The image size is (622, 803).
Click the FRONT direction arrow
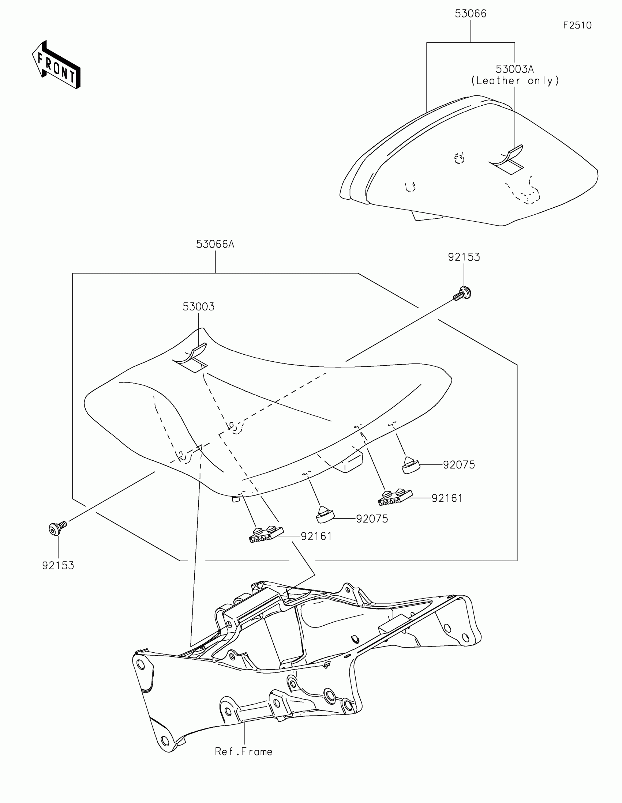pos(56,65)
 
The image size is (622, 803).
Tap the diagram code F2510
pos(577,25)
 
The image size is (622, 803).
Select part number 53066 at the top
pos(471,14)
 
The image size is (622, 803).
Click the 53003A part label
pos(514,69)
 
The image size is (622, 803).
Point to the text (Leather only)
pos(515,81)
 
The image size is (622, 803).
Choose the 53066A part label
pos(215,244)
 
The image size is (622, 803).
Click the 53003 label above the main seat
pos(199,307)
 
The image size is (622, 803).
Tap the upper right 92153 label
pos(464,257)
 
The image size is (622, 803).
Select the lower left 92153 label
pos(58,565)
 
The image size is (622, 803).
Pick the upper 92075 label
pos(459,465)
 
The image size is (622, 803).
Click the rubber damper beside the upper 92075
pos(410,465)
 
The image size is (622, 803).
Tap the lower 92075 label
pos(372,519)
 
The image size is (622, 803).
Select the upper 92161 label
pos(447,498)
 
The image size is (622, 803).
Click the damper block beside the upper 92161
pos(394,497)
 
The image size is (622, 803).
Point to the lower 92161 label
pos(316,536)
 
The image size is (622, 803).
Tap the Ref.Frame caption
pos(244,752)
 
